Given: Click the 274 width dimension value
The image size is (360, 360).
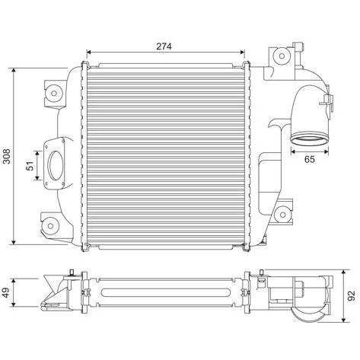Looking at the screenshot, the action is tap(164, 46).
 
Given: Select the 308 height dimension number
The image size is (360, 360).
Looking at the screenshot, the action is tap(7, 156).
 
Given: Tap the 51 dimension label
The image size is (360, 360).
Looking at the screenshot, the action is tap(30, 166).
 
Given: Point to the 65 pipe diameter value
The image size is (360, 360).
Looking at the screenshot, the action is tap(310, 159).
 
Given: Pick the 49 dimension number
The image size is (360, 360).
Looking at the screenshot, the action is tap(7, 292).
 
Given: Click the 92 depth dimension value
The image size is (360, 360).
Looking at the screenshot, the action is tap(352, 296).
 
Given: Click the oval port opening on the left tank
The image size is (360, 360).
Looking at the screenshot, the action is tap(56, 165).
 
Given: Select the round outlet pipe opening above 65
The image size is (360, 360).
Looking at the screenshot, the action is tap(309, 139).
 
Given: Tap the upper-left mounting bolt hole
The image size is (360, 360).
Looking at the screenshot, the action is tap(53, 93).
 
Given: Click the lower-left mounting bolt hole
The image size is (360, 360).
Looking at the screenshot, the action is tap(50, 226).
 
